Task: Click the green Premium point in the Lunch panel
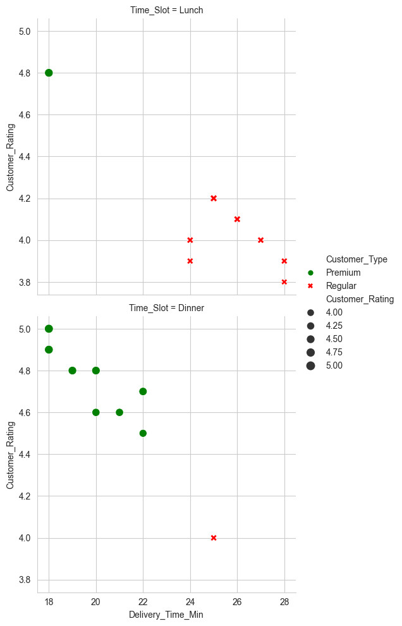[49, 73]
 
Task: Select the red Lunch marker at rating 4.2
[214, 198]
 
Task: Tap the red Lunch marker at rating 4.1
[237, 219]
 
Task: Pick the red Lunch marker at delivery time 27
[260, 240]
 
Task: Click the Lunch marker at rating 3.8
[284, 282]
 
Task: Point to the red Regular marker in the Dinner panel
[214, 537]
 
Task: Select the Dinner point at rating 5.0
[49, 329]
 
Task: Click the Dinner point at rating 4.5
[143, 433]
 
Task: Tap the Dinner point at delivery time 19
[72, 371]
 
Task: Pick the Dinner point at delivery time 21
[119, 412]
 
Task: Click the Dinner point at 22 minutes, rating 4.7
[143, 391]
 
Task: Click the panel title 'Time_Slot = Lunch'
[166, 11]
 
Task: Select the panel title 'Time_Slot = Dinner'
[166, 308]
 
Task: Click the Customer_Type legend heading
[356, 259]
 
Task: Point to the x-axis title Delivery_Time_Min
[166, 615]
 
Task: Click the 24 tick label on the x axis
[190, 599]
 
